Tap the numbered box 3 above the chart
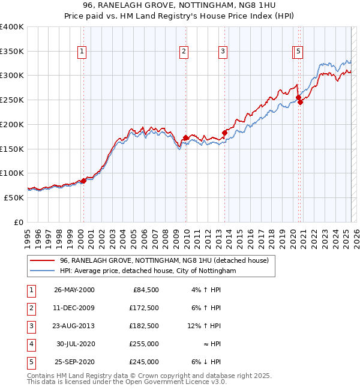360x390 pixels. pyautogui.click(x=223, y=52)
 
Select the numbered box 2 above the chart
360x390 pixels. pyautogui.click(x=184, y=52)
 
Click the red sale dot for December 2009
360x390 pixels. pyautogui.click(x=186, y=138)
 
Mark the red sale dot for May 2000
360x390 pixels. pyautogui.click(x=83, y=181)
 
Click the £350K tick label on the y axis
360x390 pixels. pyautogui.click(x=12, y=52)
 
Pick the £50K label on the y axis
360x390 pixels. pyautogui.click(x=14, y=197)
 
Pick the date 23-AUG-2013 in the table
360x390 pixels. pyautogui.click(x=74, y=327)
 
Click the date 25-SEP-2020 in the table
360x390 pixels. pyautogui.click(x=74, y=362)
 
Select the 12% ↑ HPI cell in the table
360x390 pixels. pyautogui.click(x=204, y=327)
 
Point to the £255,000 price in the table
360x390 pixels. pyautogui.click(x=145, y=344)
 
